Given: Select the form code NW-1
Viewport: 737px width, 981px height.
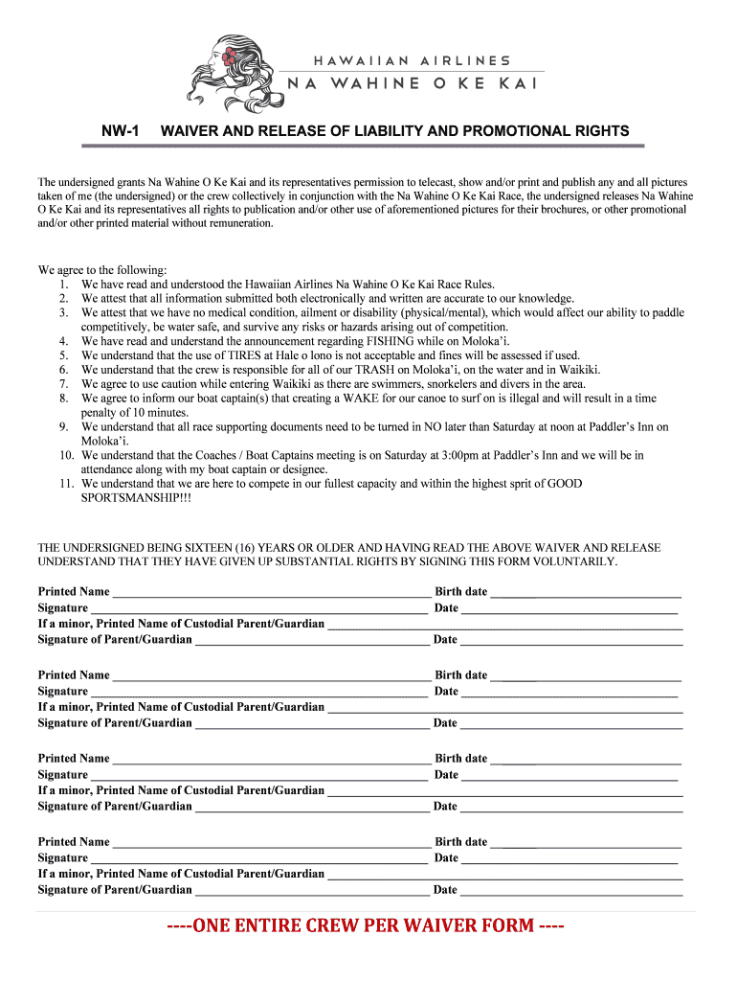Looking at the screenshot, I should coord(123,130).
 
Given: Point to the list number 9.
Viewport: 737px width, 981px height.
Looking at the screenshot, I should coord(63,426).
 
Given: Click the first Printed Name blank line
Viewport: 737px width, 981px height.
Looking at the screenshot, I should coord(271,593).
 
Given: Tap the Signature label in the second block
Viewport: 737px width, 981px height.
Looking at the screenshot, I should coord(63,691).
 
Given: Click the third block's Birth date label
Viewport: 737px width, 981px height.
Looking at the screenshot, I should coord(460,758).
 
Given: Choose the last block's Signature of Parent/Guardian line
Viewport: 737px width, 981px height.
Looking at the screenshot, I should coord(311,891).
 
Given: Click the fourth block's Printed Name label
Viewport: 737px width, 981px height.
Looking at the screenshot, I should coord(74,841).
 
